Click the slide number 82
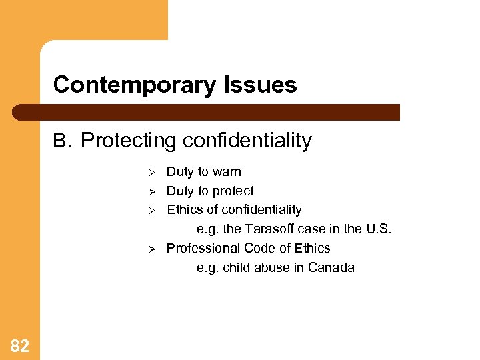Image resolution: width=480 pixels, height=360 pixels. coord(20,345)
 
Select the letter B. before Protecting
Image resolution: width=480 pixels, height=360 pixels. coord(62,141)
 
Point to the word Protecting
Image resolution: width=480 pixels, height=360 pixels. coord(129,141)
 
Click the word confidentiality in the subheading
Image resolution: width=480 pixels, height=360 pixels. coord(247,141)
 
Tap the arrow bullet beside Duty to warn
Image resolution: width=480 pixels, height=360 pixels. coord(152,173)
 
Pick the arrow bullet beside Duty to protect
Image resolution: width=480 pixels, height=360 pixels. coord(152,192)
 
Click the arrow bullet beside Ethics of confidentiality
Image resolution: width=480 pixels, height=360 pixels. coord(152,211)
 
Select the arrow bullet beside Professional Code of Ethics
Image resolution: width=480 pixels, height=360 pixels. coord(152,249)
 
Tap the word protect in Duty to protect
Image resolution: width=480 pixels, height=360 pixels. coord(233,191)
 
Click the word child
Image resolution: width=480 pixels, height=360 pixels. coord(236,268)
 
